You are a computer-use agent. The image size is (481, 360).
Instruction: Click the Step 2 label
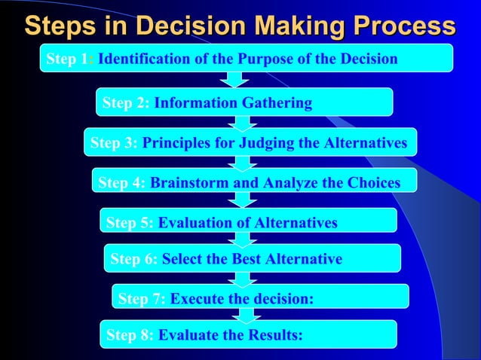point(126,103)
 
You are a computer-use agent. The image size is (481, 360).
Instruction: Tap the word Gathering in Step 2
point(275,103)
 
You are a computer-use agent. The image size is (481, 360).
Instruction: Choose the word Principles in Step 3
point(177,143)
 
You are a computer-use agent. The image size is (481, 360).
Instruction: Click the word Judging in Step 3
point(268,143)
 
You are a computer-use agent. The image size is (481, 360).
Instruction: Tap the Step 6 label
point(134,259)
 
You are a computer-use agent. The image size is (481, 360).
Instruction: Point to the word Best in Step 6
point(233,259)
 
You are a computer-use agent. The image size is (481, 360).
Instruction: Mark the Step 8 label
point(130,336)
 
